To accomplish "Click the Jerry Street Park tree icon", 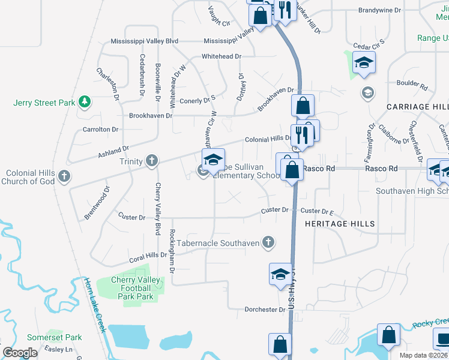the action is tap(85, 102).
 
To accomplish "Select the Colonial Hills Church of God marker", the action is tap(65, 177).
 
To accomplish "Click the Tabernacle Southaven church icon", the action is tap(268, 242).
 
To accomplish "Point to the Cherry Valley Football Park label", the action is tap(137, 288).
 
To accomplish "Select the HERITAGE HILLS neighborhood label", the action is tap(340, 224).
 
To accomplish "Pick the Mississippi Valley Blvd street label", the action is tap(145, 41).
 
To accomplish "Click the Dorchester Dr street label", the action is tap(265, 310).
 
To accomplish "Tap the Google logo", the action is tap(20, 353).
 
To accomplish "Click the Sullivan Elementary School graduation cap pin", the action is tap(213, 160).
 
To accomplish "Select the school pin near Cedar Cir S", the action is tap(364, 63).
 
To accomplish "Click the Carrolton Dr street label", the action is tap(101, 129).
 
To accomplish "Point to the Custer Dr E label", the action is tap(317, 211).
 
